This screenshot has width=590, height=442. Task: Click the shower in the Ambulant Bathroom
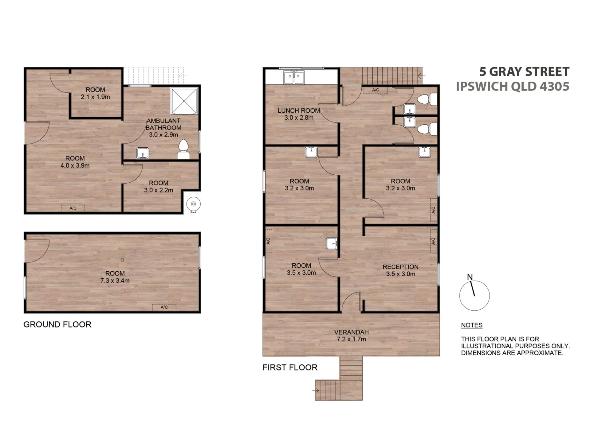(x=184, y=101)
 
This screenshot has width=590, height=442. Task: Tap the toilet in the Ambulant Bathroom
(x=183, y=149)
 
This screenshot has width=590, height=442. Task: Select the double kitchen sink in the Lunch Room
(x=294, y=77)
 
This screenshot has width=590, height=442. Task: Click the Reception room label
(x=400, y=267)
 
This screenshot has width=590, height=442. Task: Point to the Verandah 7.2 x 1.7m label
(x=351, y=335)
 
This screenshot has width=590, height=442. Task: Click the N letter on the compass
(x=470, y=277)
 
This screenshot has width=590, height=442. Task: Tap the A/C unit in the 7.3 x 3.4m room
(x=164, y=307)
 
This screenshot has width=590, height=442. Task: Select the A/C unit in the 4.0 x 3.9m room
(x=73, y=208)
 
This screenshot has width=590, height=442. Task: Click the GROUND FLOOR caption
(x=57, y=324)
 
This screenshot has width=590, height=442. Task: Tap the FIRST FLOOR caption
(x=290, y=367)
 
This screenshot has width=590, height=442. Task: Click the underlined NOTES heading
(x=472, y=325)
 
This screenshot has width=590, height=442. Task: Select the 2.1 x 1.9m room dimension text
(x=95, y=97)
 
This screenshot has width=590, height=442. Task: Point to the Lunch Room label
(x=299, y=110)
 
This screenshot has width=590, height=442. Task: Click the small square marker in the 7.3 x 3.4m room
(x=122, y=260)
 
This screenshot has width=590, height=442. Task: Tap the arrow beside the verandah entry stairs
(x=316, y=390)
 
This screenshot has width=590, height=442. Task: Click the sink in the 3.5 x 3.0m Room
(x=332, y=244)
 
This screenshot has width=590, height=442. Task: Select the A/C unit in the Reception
(x=433, y=241)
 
